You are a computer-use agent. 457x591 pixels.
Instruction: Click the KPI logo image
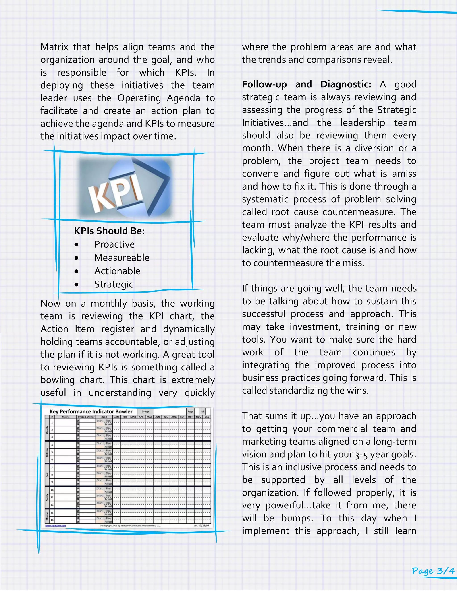pyautogui.click(x=125, y=188)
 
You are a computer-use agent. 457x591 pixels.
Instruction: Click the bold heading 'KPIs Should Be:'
pyautogui.click(x=109, y=231)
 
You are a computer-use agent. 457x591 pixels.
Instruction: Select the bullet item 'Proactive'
pyautogui.click(x=114, y=244)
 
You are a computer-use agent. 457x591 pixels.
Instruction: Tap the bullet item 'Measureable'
pyautogui.click(x=122, y=258)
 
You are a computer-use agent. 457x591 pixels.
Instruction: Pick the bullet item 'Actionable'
pyautogui.click(x=117, y=271)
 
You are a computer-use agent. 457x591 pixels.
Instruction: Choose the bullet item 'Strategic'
pyautogui.click(x=113, y=284)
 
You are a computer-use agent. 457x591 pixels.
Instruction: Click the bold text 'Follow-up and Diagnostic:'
pyautogui.click(x=306, y=85)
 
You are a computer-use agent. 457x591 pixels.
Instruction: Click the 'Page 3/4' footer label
pyautogui.click(x=433, y=571)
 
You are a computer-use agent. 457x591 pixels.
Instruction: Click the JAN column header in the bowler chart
pyautogui.click(x=117, y=417)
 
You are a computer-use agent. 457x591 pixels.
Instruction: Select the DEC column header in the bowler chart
pyautogui.click(x=207, y=417)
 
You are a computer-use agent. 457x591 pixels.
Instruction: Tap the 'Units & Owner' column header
pyautogui.click(x=86, y=417)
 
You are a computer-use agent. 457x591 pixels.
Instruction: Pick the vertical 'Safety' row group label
pyautogui.click(x=47, y=497)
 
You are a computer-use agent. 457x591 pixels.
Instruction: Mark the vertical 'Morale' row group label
pyautogui.click(x=47, y=516)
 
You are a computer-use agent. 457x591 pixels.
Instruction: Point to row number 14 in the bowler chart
pyautogui.click(x=52, y=520)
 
